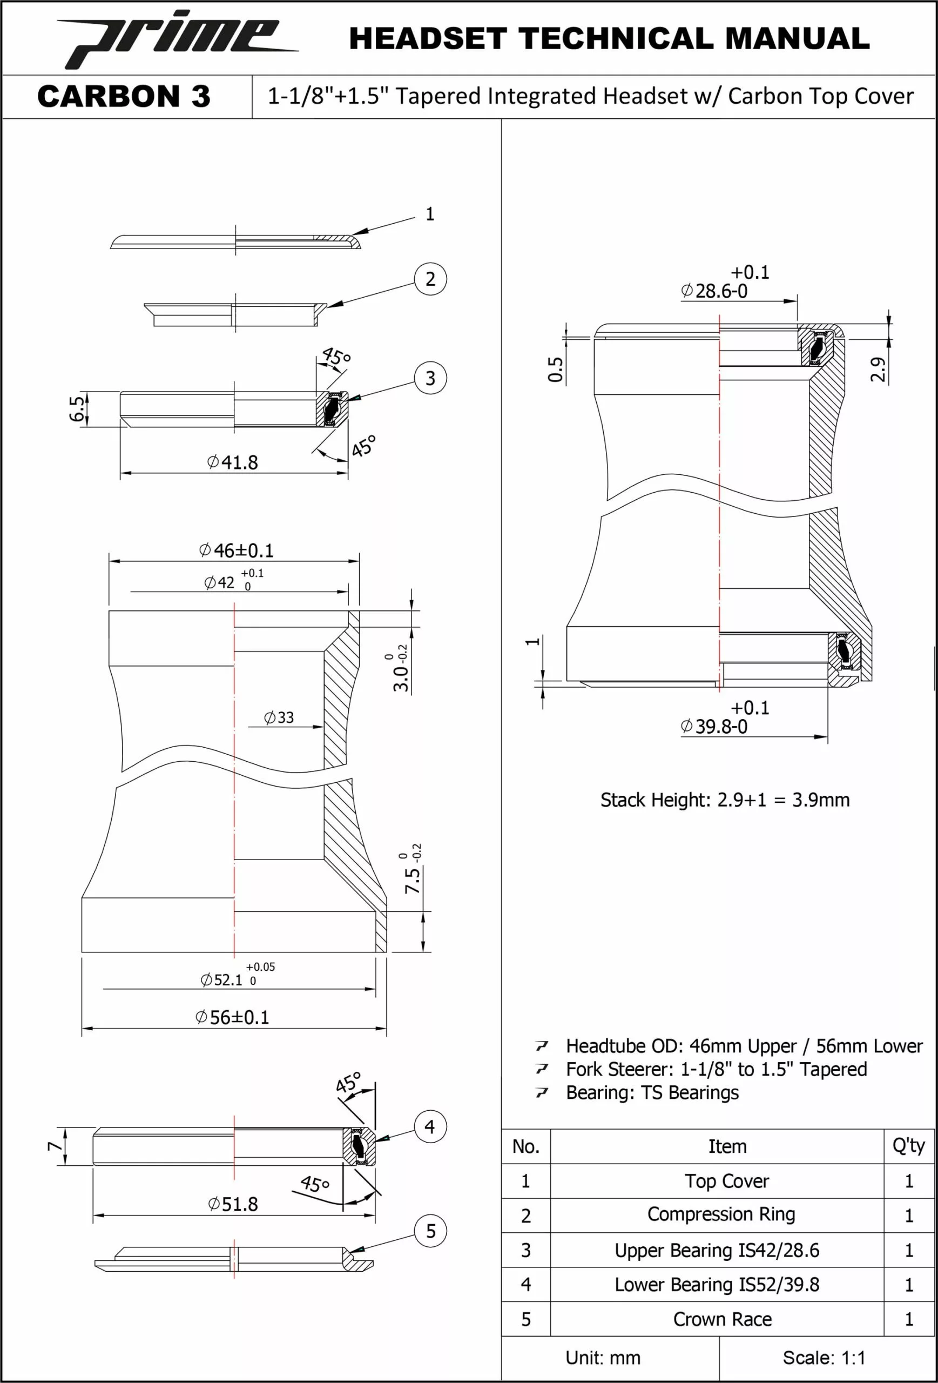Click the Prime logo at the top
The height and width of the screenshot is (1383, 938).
click(x=177, y=39)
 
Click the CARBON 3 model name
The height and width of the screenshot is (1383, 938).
click(x=124, y=96)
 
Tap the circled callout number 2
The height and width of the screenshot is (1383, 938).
click(x=430, y=279)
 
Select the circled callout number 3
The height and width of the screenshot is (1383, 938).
click(x=430, y=378)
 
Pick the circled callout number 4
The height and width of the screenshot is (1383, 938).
click(x=430, y=1126)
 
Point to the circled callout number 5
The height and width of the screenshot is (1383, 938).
click(x=430, y=1231)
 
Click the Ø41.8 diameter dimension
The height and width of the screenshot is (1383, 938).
click(x=233, y=462)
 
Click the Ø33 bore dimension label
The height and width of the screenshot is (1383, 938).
click(x=279, y=717)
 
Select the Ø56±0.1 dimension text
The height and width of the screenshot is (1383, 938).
click(x=233, y=1017)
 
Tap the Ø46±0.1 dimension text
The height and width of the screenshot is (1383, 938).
click(x=236, y=550)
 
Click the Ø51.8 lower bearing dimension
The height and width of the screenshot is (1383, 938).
click(x=233, y=1205)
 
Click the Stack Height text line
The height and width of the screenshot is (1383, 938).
click(x=725, y=800)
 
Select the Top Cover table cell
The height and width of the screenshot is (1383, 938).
click(x=726, y=1181)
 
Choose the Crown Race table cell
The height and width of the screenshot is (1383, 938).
click(x=722, y=1319)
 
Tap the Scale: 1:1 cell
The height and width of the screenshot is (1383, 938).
click(x=824, y=1358)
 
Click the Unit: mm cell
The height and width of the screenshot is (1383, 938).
click(x=603, y=1358)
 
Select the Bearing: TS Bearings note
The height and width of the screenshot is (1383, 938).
click(x=652, y=1092)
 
